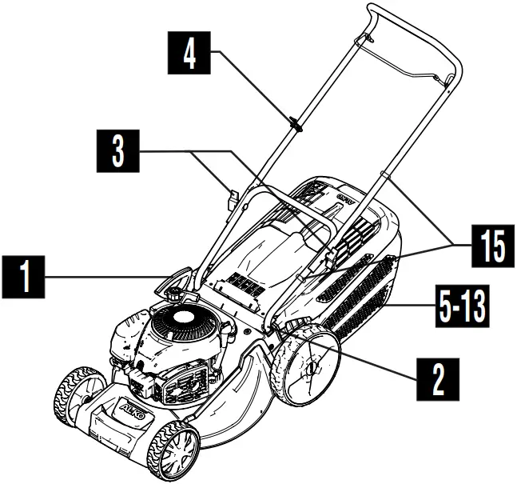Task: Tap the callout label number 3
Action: click(117, 150)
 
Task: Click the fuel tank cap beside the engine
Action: click(172, 293)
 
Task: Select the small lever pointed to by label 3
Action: click(233, 198)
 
